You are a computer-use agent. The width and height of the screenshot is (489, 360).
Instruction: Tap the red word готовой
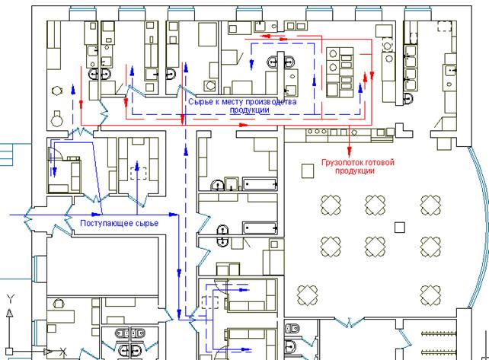[x=380, y=162]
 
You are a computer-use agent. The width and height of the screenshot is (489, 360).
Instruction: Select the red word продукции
[x=355, y=170]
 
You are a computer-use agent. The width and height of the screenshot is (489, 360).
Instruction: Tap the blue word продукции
[x=250, y=110]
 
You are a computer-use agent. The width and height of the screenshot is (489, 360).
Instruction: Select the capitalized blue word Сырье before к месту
[x=200, y=102]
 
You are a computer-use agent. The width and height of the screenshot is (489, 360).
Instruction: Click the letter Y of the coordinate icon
[x=11, y=299]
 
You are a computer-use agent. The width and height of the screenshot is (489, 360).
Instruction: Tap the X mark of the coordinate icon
[x=63, y=352]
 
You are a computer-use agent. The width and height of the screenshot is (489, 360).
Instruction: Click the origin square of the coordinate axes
[x=9, y=352]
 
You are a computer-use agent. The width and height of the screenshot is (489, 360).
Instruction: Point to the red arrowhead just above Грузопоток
[x=350, y=151]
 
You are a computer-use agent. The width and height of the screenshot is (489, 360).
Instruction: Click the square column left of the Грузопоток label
[x=308, y=171]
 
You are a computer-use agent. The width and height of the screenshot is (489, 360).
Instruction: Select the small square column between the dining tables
[x=400, y=228]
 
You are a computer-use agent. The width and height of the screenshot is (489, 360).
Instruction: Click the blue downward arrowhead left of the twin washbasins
[x=251, y=64]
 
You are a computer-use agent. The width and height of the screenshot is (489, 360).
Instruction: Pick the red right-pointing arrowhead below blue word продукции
[x=243, y=125]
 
